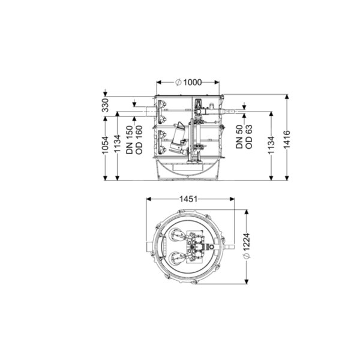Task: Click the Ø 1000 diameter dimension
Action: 188,82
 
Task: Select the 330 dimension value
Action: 105,105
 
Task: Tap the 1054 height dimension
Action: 105,145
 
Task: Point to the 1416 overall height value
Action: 287,139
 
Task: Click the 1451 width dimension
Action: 188,199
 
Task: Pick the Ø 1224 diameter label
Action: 247,246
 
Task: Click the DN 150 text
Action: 130,140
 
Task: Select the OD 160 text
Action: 139,140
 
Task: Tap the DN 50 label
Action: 239,137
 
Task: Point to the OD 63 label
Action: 249,137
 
